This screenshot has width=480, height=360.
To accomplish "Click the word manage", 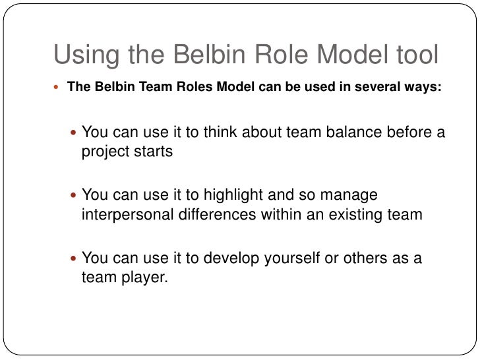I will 354,196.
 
